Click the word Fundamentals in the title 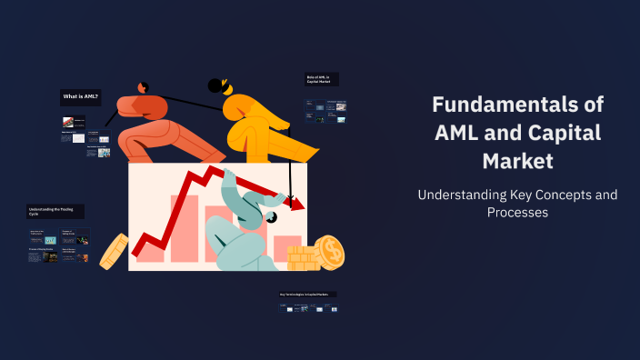point(517,103)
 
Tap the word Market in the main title point(517,163)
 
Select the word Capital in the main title point(565,133)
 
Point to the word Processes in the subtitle point(517,212)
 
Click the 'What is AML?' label point(81,96)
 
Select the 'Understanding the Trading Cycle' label point(55,211)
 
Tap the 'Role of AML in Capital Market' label point(322,80)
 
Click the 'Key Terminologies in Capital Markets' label point(308,295)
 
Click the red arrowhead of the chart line point(295,204)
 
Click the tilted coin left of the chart point(115,251)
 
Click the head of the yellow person point(217,86)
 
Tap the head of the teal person point(269,219)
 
